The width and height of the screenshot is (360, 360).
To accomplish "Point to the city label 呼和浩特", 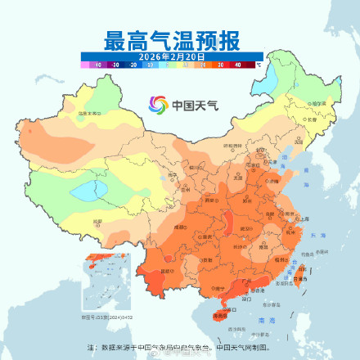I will click(214, 146).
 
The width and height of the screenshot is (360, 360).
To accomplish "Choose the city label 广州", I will click(242, 282).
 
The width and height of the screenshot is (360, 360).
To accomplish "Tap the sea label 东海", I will click(317, 232).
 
